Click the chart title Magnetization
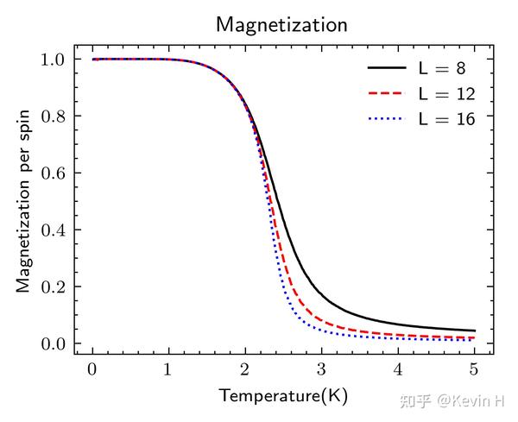281,24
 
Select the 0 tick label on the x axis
92,369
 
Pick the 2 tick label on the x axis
244,369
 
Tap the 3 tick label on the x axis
321,369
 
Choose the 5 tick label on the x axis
474,369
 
